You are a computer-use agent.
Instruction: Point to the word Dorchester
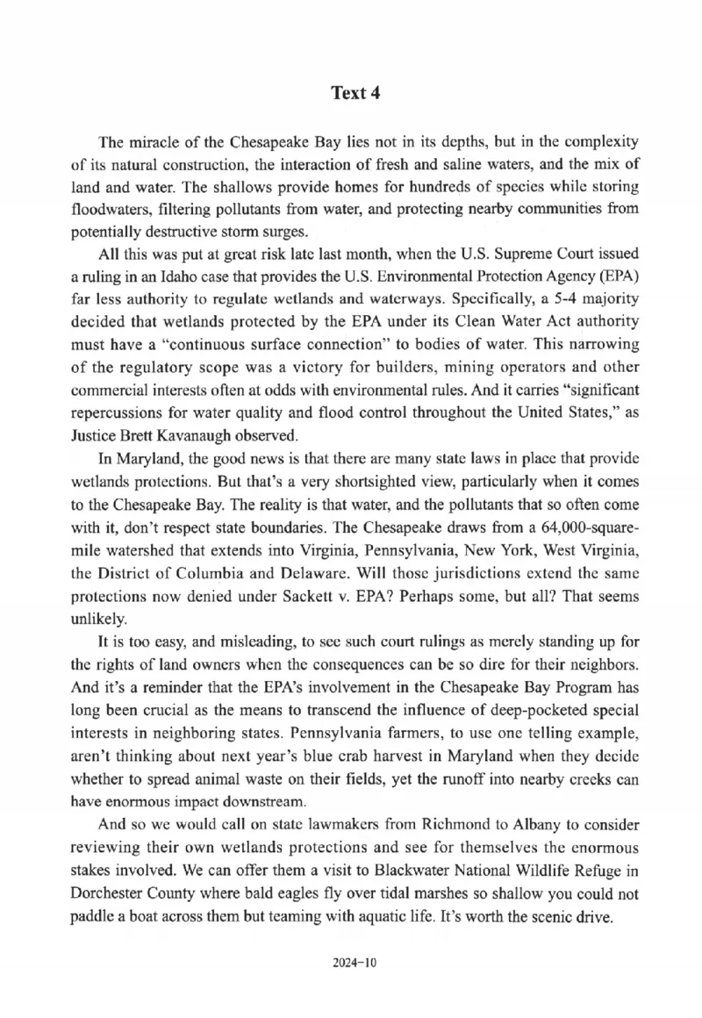(110, 894)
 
